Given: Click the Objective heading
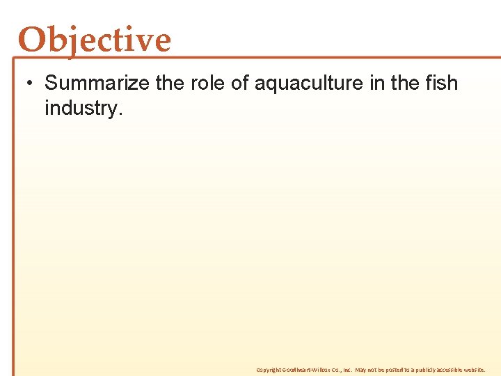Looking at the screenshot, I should tap(95, 40).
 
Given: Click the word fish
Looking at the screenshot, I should tap(442, 84).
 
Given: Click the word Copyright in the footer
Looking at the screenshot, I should tap(267, 370).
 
